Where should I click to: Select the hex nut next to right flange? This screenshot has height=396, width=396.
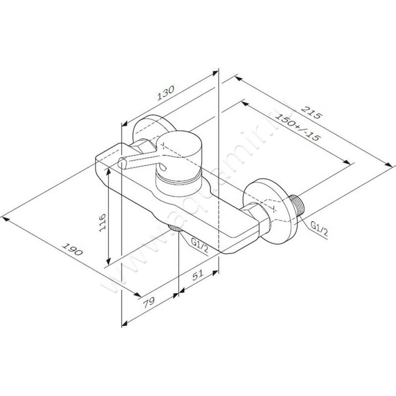(258, 217)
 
